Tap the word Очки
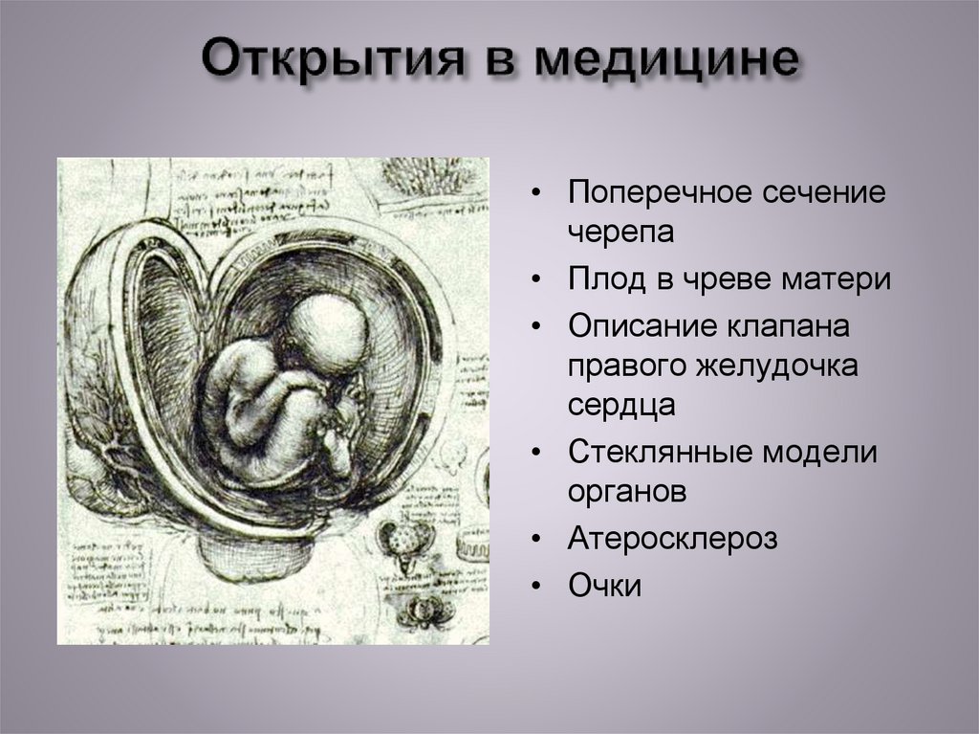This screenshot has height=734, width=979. coord(604,584)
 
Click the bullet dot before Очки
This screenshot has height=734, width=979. coord(540,585)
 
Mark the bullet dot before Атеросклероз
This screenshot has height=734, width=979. coord(540,539)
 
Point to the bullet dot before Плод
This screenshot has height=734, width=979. coord(540,281)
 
